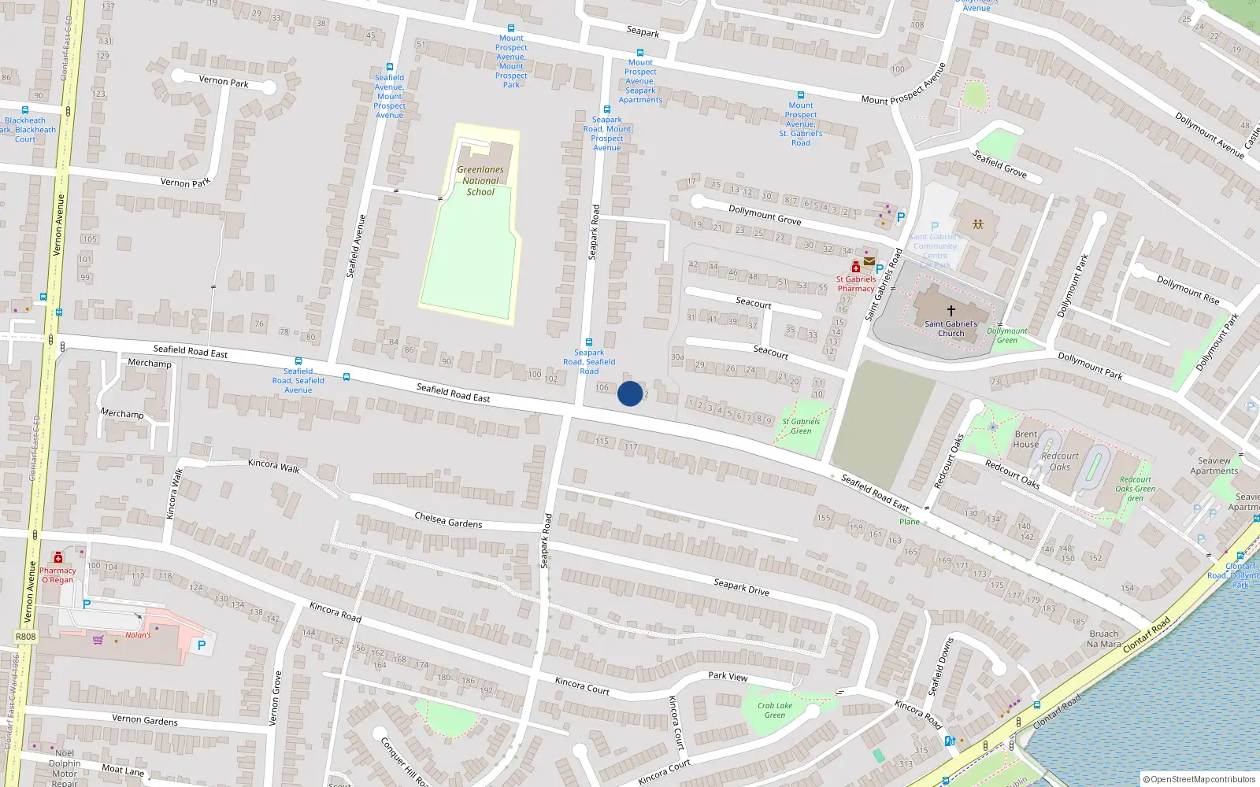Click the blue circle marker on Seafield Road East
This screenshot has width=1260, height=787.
[630, 393]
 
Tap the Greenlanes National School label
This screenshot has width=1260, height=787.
[480, 180]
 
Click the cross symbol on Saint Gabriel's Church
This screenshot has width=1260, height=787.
[951, 311]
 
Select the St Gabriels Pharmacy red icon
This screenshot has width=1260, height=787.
[856, 268]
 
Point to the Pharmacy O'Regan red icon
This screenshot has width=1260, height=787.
[57, 558]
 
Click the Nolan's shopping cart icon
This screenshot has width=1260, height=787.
[98, 640]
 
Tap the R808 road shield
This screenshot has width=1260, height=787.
[25, 637]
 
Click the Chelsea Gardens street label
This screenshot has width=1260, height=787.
[448, 520]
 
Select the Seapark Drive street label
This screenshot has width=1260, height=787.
[741, 587]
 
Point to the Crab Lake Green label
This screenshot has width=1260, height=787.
[775, 710]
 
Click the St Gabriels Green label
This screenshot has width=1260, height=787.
[801, 426]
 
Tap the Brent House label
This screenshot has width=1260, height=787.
[1026, 439]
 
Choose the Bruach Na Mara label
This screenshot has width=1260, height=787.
[1103, 638]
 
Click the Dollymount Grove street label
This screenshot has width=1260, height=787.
[764, 215]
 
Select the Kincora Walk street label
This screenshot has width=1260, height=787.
[273, 465]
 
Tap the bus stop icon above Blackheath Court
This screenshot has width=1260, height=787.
[25, 110]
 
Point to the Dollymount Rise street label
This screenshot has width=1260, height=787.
[1188, 290]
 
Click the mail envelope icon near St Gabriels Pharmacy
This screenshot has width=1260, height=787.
[869, 261]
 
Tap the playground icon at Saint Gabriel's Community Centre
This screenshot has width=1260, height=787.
[977, 224]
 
